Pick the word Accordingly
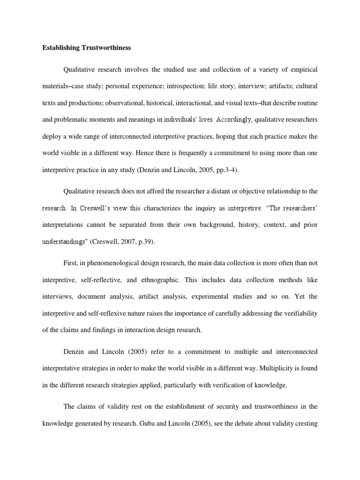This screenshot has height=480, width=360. [234, 120]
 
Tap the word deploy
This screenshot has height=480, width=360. [52, 136]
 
